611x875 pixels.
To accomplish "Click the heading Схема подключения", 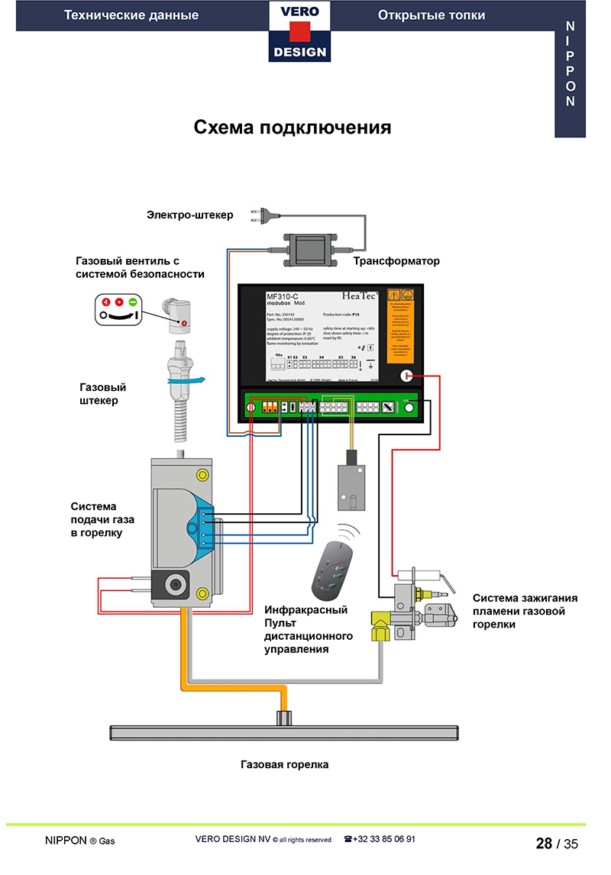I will click(292, 127).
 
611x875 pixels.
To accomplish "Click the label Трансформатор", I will click(396, 261).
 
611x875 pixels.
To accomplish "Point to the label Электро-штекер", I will click(190, 215).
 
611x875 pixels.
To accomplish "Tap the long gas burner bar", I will click(285, 731).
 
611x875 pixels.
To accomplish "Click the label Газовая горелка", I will click(284, 764).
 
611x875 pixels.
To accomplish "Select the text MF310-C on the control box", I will click(283, 295).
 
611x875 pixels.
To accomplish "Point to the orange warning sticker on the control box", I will click(401, 324).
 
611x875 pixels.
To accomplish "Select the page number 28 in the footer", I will click(544, 844).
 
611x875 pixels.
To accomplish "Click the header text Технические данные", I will click(131, 15).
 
